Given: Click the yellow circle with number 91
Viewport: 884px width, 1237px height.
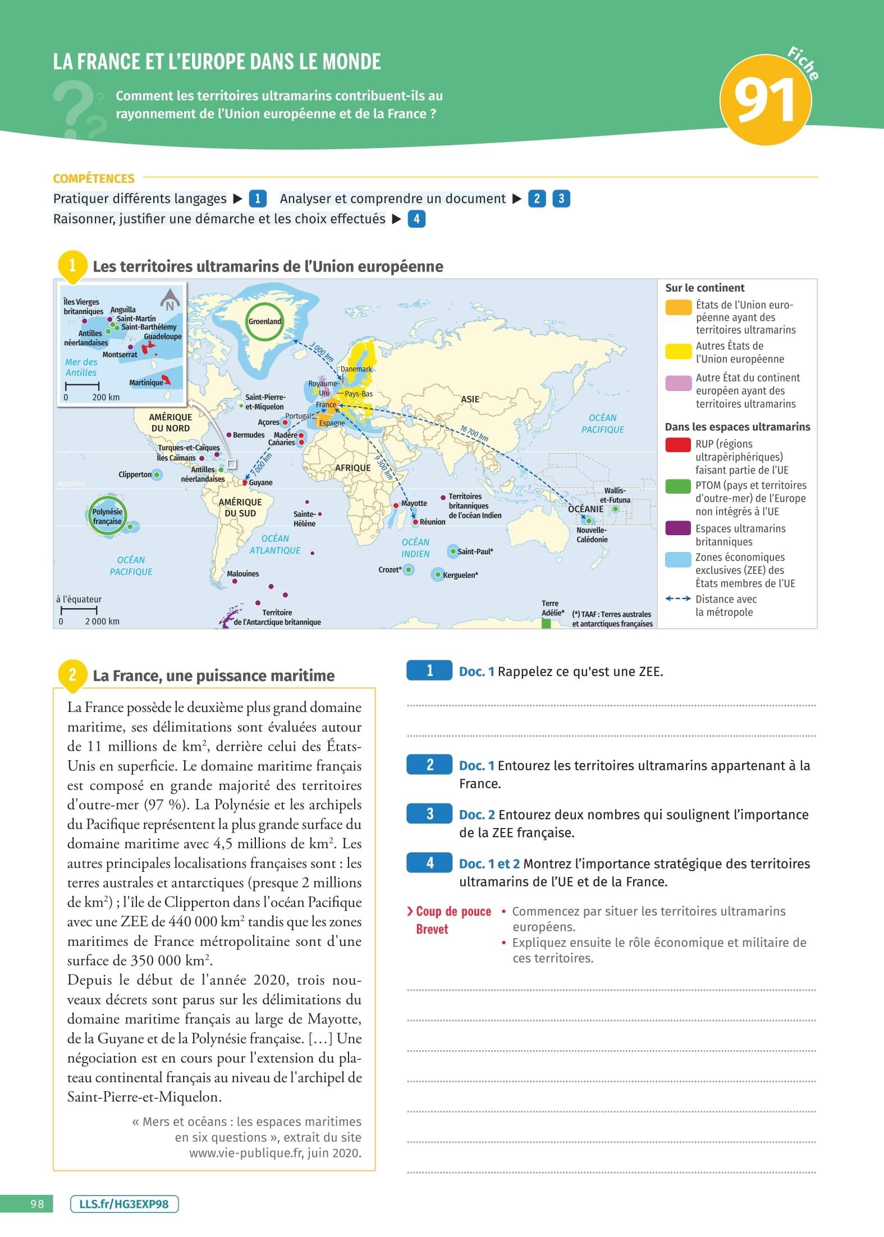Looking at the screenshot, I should click(765, 100).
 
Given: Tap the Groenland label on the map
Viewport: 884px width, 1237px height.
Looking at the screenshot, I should click(264, 321).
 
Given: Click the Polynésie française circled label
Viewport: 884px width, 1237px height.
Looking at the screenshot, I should click(107, 516).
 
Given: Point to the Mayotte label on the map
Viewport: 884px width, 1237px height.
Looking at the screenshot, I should click(414, 503).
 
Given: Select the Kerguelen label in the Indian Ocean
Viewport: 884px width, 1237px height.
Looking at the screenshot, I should click(460, 575).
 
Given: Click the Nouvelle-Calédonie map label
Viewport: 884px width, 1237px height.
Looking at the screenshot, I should click(592, 535).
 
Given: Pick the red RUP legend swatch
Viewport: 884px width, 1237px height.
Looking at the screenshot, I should click(677, 445).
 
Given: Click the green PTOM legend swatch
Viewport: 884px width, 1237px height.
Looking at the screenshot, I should click(677, 486).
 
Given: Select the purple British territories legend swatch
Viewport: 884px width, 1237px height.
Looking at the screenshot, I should click(677, 528).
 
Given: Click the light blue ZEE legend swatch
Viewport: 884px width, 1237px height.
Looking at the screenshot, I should click(677, 559).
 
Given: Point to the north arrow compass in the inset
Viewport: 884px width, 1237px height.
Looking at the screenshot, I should click(170, 300).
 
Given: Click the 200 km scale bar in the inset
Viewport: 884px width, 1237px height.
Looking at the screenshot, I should click(83, 386).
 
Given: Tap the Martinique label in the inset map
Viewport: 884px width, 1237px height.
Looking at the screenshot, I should click(146, 383).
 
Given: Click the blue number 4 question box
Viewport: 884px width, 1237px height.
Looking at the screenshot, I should click(429, 863).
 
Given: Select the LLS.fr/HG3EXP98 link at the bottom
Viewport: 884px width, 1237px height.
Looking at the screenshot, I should click(124, 1204).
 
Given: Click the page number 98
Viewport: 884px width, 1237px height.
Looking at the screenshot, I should click(37, 1204).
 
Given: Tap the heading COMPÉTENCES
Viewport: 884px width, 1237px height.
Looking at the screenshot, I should click(94, 178).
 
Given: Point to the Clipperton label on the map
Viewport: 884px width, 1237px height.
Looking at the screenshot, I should click(135, 475).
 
